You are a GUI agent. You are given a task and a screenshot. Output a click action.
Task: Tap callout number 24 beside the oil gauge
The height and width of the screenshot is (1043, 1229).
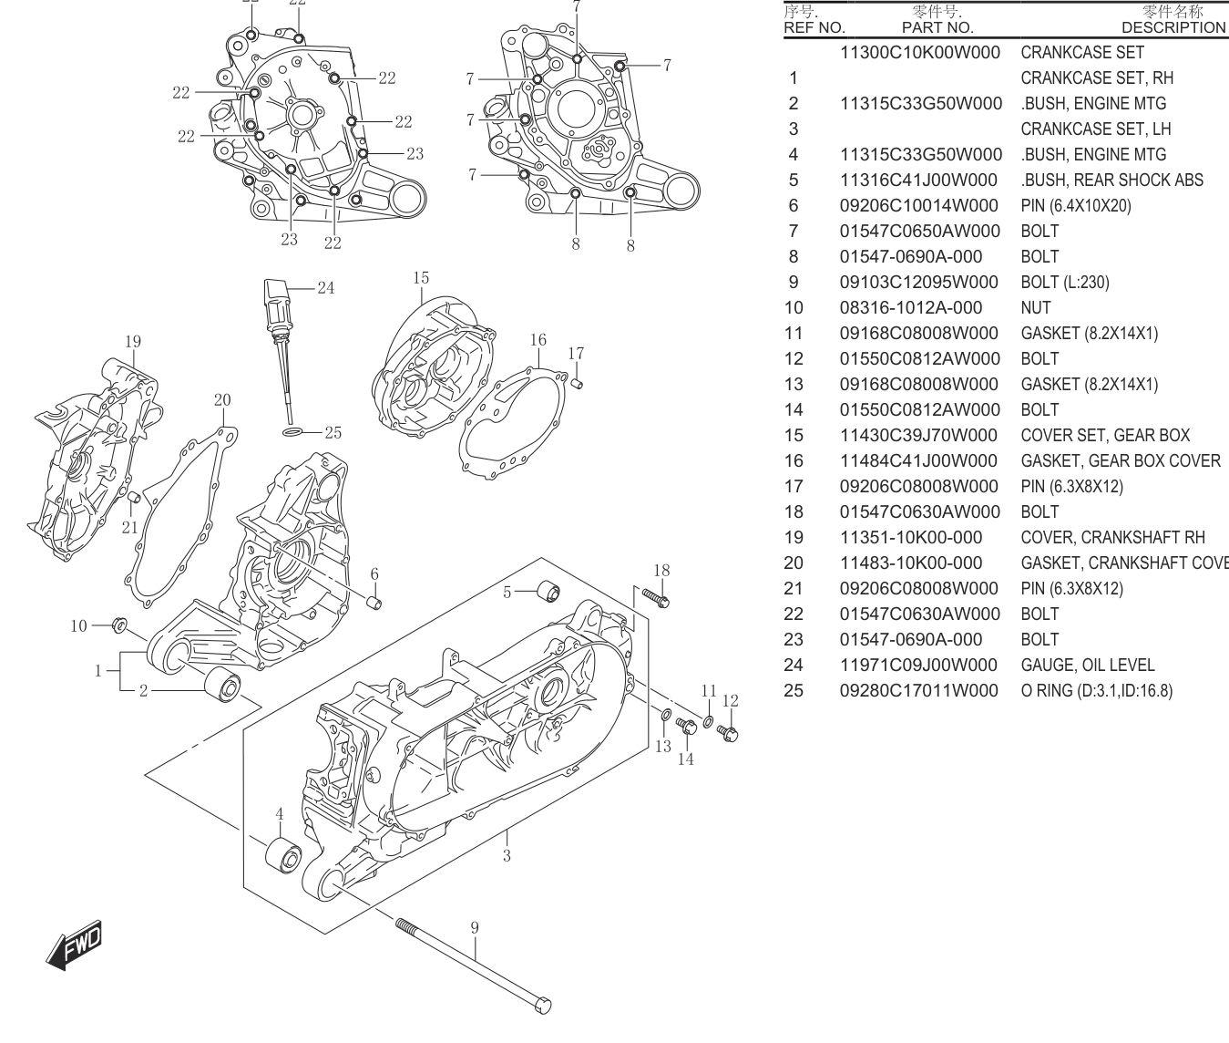(x=326, y=288)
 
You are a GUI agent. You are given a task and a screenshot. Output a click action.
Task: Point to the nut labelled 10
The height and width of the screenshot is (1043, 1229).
(x=119, y=625)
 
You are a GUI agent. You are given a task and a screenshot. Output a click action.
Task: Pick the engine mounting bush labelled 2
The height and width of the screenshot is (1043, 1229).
(x=222, y=684)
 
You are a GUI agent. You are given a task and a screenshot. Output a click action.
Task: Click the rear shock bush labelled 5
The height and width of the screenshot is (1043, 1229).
(x=548, y=590)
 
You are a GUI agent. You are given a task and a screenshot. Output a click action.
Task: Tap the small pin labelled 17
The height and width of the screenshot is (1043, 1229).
(x=577, y=384)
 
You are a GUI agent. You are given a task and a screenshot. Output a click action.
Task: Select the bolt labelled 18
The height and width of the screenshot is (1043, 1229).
(x=655, y=597)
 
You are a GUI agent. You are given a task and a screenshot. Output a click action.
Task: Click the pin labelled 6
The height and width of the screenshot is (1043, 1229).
(x=374, y=603)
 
